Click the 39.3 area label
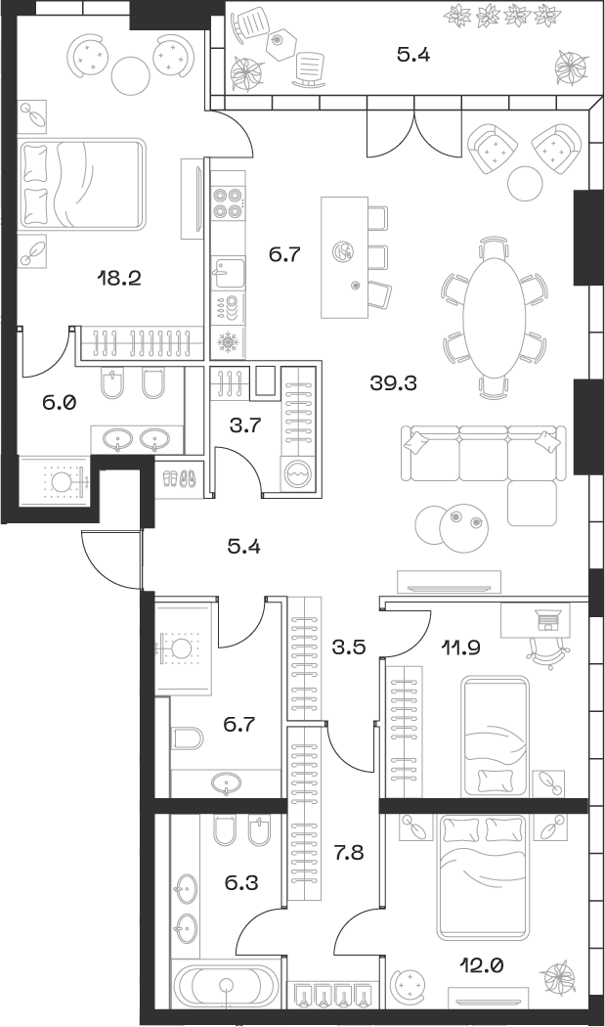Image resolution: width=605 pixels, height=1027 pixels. click(393, 383)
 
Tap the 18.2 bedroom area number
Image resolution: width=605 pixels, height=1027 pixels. click(119, 278)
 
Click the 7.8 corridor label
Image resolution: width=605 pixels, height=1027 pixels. click(350, 854)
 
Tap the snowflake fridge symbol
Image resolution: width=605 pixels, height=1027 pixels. click(227, 342)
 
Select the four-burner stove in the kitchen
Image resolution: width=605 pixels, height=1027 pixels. click(227, 201)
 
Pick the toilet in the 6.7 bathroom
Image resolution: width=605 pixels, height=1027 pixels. click(187, 737)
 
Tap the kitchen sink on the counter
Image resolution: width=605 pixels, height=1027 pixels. click(227, 268)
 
